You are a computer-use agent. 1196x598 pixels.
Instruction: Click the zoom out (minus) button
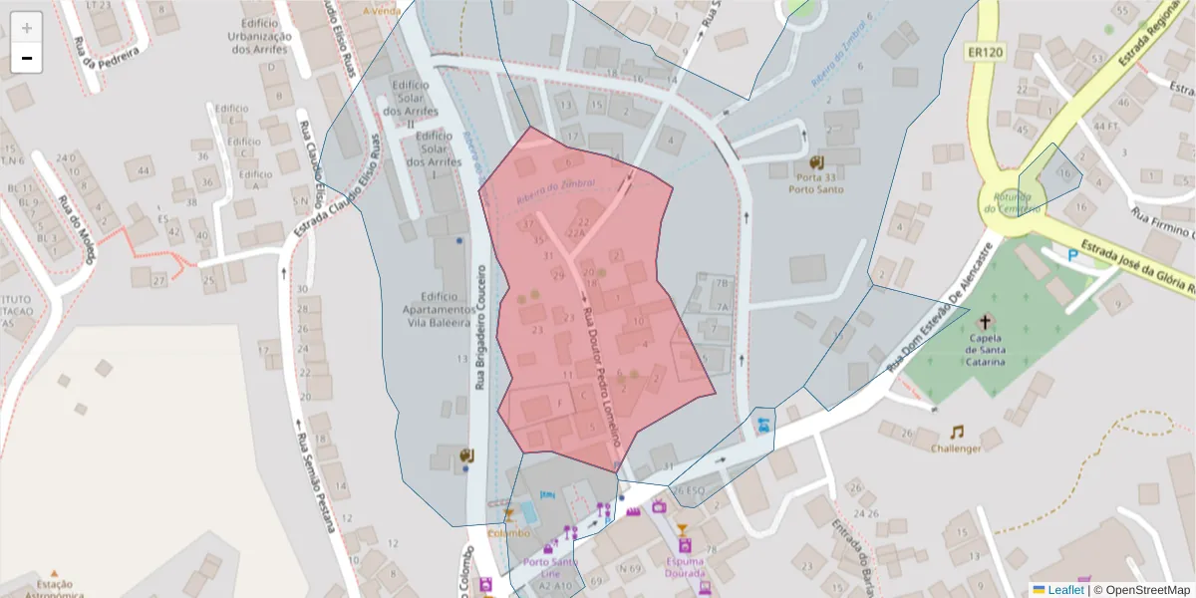coord(27,59)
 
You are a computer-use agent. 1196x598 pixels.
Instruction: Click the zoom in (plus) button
coord(27,27)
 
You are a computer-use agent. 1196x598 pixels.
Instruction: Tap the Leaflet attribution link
coord(1065,590)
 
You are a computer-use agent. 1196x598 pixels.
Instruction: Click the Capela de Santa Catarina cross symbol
coord(986,321)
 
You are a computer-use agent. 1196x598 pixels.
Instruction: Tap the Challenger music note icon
coord(957,432)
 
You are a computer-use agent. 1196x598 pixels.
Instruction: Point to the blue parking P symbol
coord(1073,255)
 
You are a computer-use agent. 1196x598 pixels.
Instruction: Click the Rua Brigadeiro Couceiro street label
coord(480,327)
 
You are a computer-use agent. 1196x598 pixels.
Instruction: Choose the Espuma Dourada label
coord(685,566)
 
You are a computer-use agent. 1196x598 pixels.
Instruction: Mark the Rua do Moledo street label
coord(77,228)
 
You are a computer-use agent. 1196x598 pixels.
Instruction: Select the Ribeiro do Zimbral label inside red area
coord(555,192)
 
